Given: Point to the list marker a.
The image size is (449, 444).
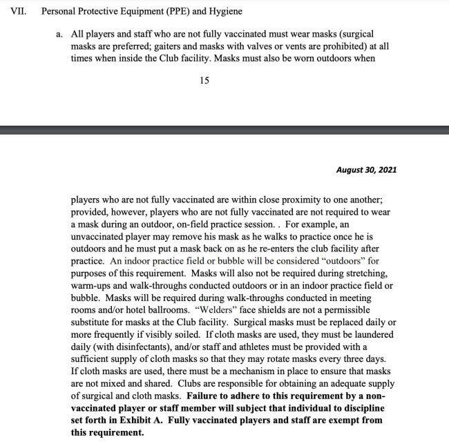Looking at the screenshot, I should (x=59, y=34).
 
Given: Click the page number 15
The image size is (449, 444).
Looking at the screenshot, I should (x=204, y=80).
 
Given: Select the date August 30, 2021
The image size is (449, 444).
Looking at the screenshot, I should (x=366, y=169).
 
